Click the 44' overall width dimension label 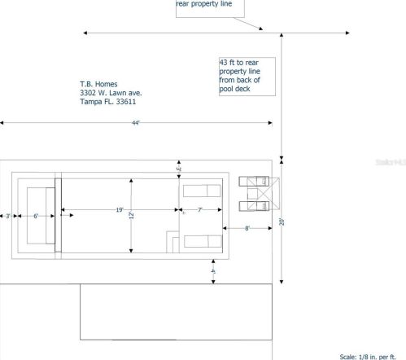(x=136, y=123)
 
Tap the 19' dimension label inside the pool (x=120, y=210)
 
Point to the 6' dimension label (x=35, y=217)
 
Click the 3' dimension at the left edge (x=7, y=217)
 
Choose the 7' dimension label (x=199, y=211)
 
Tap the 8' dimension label (x=247, y=229)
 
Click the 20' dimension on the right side (x=282, y=221)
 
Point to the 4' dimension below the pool (x=213, y=270)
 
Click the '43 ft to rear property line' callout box (x=247, y=76)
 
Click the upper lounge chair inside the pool (x=202, y=191)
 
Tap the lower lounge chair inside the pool (x=202, y=241)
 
